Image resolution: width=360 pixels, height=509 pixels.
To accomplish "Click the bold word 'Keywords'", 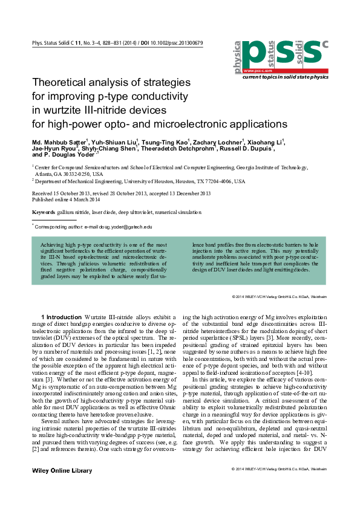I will [44, 213].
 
